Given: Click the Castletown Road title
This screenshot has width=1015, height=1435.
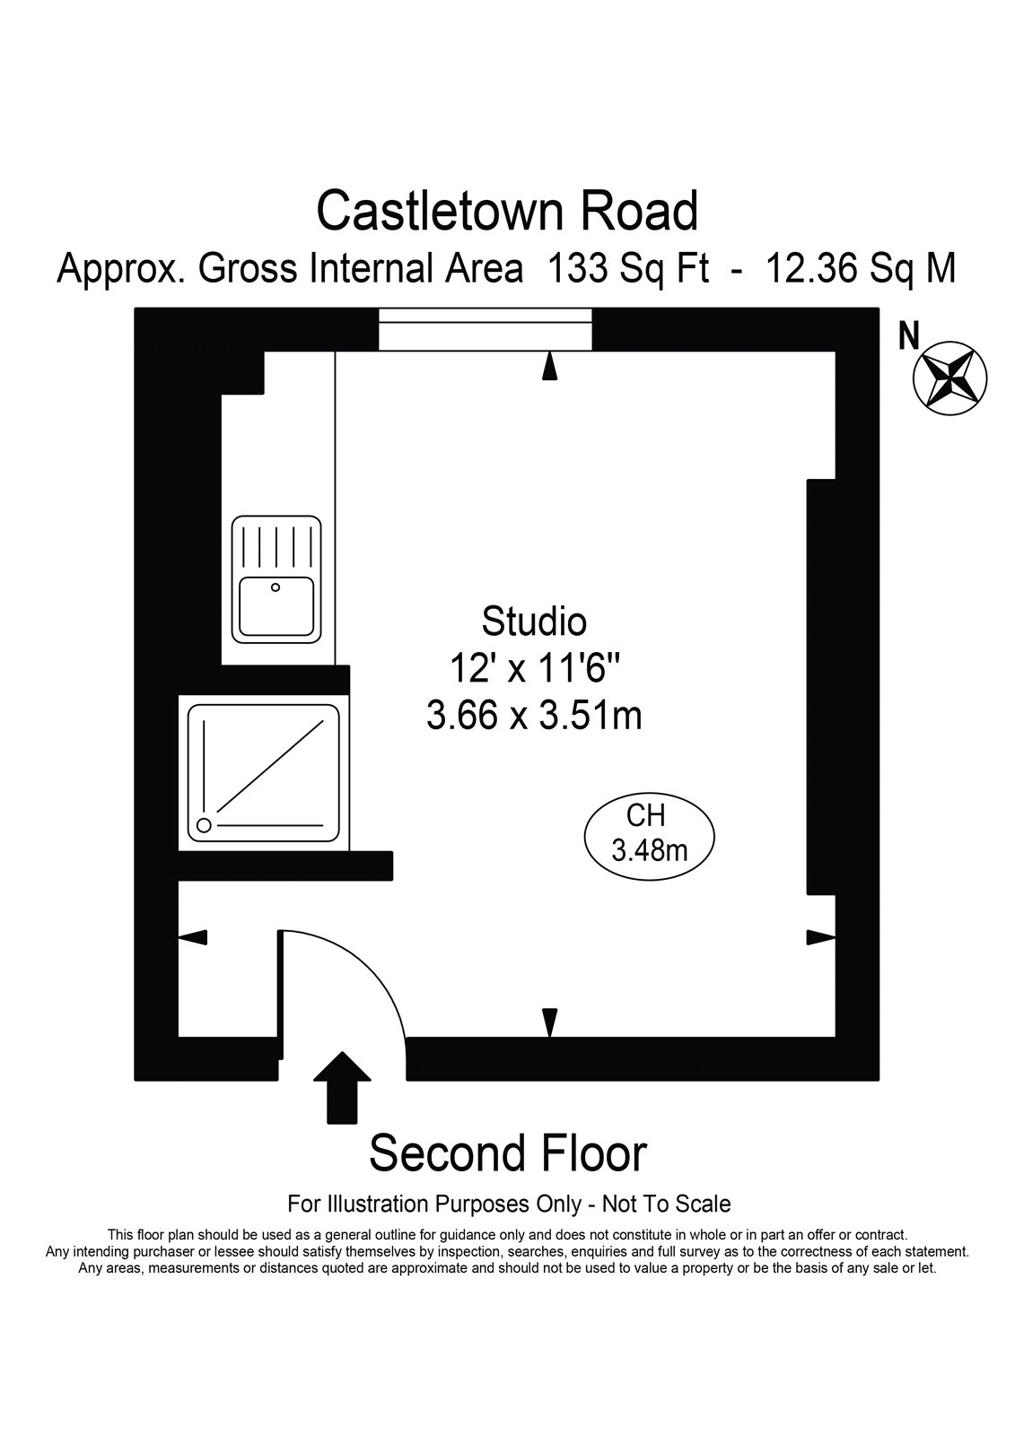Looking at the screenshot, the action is (x=507, y=212).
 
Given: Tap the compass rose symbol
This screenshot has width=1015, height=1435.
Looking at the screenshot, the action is (x=949, y=378).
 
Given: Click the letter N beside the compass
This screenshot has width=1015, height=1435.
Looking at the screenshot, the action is (x=908, y=335).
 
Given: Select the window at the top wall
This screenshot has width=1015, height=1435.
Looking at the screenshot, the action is (x=485, y=329).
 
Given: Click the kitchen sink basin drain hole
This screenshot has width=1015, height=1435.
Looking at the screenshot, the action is (x=276, y=587).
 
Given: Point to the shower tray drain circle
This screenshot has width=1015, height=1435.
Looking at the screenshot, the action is (x=204, y=825).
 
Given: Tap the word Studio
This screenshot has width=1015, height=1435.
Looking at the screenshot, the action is (x=534, y=622).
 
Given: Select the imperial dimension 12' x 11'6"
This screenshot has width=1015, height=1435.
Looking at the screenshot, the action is (x=534, y=668).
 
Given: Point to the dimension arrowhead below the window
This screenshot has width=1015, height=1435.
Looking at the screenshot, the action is (x=549, y=367).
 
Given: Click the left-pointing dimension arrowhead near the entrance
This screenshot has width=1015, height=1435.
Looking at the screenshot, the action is (x=192, y=937).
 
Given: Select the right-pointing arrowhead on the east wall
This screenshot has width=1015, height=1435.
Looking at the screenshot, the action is (x=821, y=937).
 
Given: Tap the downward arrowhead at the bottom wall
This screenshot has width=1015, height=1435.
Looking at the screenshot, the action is (x=549, y=1022).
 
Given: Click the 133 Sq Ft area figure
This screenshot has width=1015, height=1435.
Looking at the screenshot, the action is (x=627, y=268).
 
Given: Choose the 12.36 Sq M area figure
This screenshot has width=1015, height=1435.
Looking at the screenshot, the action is (x=861, y=268).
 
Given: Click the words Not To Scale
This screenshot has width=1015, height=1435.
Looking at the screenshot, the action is (x=666, y=1205).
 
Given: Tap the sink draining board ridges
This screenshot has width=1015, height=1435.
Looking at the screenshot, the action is (x=276, y=545).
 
